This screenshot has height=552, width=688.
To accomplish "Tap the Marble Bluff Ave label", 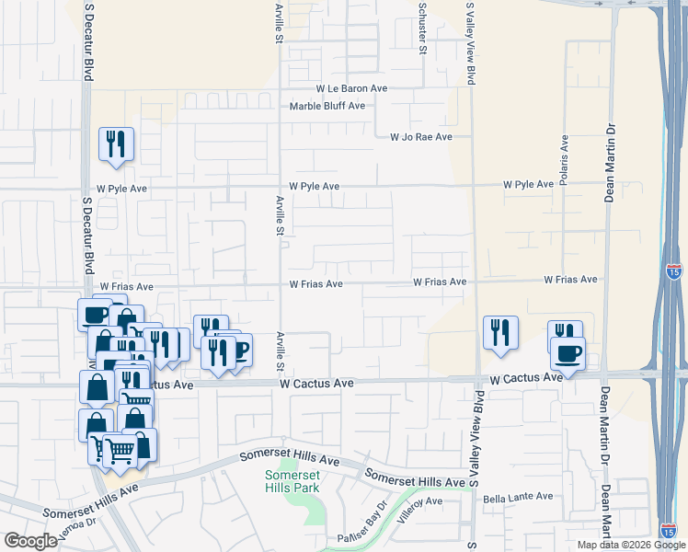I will [327, 106].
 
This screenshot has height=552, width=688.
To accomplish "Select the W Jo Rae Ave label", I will [421, 137].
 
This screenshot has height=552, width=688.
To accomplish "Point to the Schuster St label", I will [422, 28].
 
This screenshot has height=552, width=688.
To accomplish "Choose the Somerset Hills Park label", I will [292, 481].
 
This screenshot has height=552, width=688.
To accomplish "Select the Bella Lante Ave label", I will [519, 496].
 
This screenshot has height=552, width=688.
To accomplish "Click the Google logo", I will [30, 541].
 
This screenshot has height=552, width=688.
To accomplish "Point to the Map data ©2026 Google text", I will [632, 545].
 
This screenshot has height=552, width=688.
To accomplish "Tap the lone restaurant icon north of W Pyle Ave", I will [117, 144].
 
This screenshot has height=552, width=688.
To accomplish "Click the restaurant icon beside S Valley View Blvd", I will [500, 333].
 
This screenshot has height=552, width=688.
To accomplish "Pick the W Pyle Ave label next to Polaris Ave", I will [528, 185].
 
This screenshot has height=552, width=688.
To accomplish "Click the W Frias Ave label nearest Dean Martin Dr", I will [570, 280].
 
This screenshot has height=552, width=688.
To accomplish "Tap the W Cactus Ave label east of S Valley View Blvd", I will [525, 378].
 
